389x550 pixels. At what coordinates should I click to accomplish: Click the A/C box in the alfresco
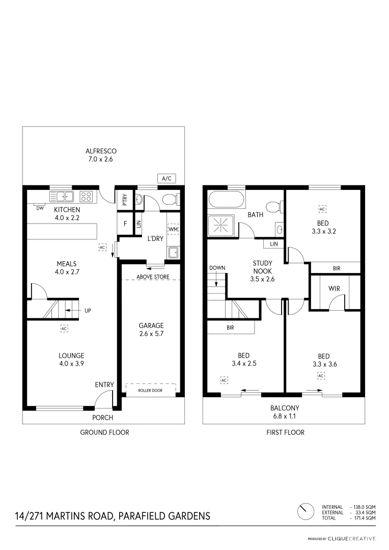(x=166, y=179)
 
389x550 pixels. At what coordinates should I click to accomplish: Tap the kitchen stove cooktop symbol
(x=86, y=196)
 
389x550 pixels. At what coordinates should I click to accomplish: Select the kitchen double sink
(x=62, y=196)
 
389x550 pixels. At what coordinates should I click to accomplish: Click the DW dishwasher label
(x=39, y=208)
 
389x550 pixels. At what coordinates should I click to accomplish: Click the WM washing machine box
(x=173, y=230)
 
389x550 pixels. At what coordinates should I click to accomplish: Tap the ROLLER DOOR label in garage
(x=151, y=391)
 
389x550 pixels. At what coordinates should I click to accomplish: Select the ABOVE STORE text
(x=151, y=277)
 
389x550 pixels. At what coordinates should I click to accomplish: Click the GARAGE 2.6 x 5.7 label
(x=151, y=329)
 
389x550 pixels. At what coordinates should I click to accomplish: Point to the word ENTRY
(x=104, y=385)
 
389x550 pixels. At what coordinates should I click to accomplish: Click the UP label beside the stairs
(x=88, y=310)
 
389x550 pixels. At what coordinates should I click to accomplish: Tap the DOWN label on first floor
(x=217, y=267)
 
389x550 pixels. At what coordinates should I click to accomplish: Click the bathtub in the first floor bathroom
(x=227, y=200)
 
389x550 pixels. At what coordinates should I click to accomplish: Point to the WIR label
(x=334, y=288)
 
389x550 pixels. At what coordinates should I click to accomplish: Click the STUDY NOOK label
(x=263, y=267)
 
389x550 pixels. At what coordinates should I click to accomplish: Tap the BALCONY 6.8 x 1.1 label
(x=285, y=411)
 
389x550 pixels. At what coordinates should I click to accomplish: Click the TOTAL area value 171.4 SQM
(x=363, y=518)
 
